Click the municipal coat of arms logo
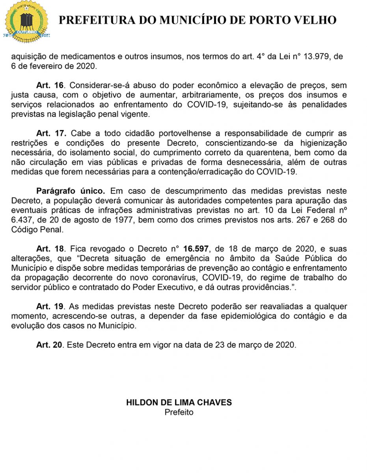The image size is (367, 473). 26,22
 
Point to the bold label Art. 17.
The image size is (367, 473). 51,134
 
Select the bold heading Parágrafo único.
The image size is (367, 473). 71,191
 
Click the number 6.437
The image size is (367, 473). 21,220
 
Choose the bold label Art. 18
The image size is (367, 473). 49,249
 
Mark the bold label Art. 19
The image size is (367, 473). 49,306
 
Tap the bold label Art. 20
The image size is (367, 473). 49,345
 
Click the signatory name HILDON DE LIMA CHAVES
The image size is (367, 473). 179,402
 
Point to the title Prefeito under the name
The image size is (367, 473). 179,412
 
